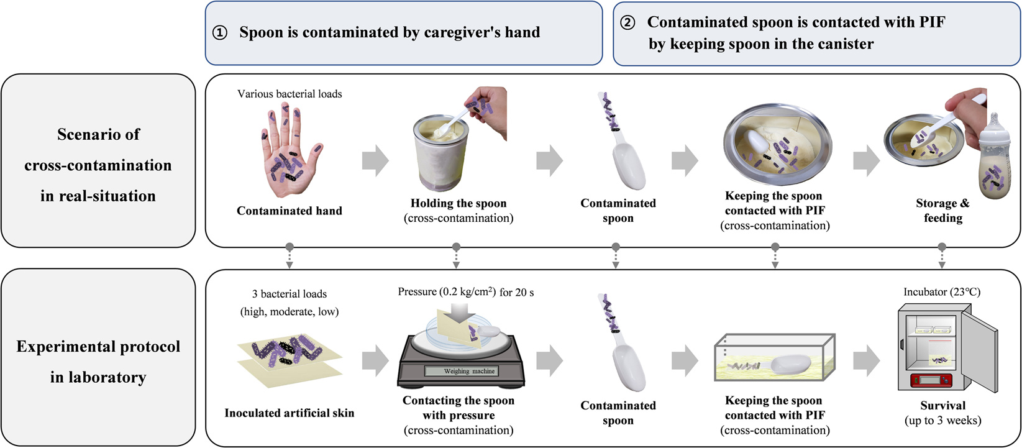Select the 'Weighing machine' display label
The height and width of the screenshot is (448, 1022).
pos(469,371)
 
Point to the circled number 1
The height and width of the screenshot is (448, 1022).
pos(220,33)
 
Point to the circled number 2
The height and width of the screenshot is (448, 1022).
pos(628,23)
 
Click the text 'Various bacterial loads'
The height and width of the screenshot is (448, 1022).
pos(290,94)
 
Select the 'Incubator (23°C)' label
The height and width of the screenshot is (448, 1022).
pos(942,291)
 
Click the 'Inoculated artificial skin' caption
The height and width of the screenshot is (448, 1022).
pos(290,413)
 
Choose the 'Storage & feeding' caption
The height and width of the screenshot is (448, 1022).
pos(942,211)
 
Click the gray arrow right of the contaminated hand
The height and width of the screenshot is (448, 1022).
pos(375,160)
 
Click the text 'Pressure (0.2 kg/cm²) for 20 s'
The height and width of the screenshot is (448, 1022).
pos(466,291)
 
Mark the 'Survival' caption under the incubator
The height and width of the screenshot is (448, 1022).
pos(942,405)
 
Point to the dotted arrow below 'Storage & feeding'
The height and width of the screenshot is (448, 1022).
pos(942,256)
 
